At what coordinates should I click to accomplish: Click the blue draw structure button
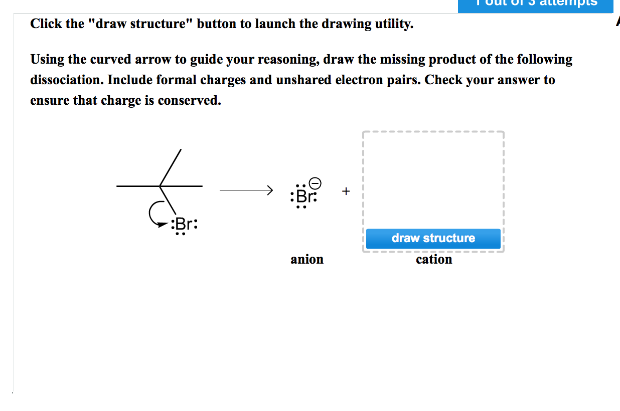pyautogui.click(x=433, y=238)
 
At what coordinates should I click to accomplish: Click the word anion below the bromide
pyautogui.click(x=307, y=260)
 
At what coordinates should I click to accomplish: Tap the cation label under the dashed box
pyautogui.click(x=434, y=260)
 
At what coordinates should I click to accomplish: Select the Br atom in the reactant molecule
pyautogui.click(x=184, y=224)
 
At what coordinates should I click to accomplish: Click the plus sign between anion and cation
pyautogui.click(x=346, y=191)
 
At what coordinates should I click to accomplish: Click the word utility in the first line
pyautogui.click(x=393, y=24)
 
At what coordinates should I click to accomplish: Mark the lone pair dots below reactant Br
pyautogui.click(x=180, y=234)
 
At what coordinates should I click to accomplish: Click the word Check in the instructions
pyautogui.click(x=444, y=80)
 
